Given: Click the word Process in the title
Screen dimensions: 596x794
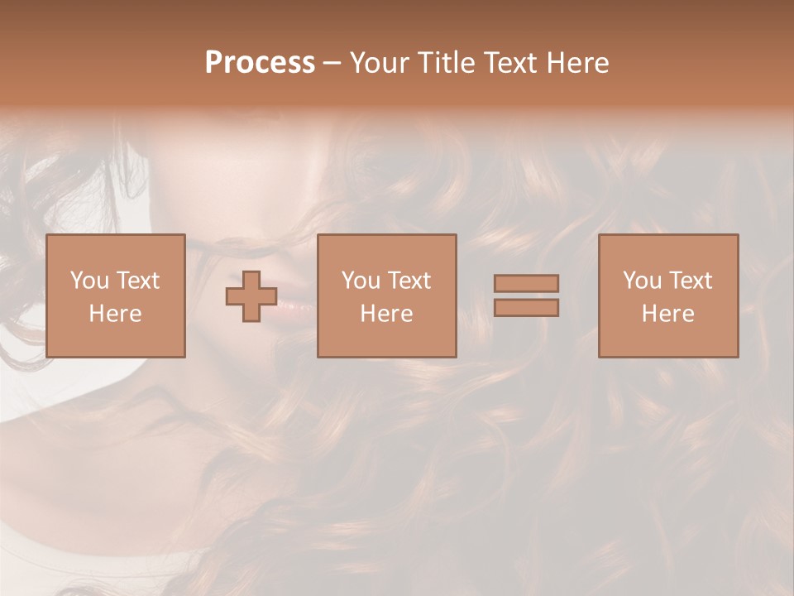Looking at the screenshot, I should point(260,62).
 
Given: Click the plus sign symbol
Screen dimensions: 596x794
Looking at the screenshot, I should point(251,296).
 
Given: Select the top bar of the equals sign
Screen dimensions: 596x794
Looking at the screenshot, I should point(526,283).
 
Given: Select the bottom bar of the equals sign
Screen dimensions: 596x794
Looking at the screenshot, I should point(526,308).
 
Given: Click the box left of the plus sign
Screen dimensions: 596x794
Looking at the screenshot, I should point(115,296).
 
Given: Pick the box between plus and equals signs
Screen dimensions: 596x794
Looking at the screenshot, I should point(386,296).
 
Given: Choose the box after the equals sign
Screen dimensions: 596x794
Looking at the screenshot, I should point(668,296).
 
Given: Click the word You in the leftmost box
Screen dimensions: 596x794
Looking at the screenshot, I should point(89,281).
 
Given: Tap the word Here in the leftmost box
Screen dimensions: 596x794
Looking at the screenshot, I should point(115,314).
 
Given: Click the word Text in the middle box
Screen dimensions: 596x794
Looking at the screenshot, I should point(409,281).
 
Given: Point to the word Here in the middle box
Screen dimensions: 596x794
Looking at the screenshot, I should point(386,314).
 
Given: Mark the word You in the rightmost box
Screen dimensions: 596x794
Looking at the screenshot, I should point(642,281).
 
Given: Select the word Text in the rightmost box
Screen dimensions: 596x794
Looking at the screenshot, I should point(690,281).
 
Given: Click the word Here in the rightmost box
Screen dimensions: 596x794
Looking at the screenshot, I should point(668,314).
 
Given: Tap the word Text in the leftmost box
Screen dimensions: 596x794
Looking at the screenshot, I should point(137,281).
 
